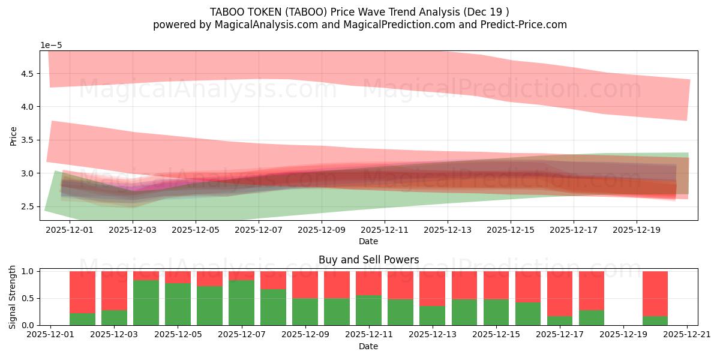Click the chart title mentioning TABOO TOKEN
(x=359, y=12)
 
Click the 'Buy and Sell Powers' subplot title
(x=368, y=260)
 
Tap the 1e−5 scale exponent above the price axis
(x=51, y=46)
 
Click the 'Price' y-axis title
(x=14, y=136)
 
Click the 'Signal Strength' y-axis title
(x=14, y=296)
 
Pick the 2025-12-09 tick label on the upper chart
(x=322, y=229)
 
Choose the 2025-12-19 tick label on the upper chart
(x=637, y=229)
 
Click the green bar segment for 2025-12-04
(x=146, y=303)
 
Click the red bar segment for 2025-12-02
(x=82, y=292)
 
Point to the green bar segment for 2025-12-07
(x=241, y=303)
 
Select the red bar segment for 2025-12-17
(x=560, y=293)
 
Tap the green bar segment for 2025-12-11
(x=368, y=310)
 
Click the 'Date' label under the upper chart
(x=368, y=241)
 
